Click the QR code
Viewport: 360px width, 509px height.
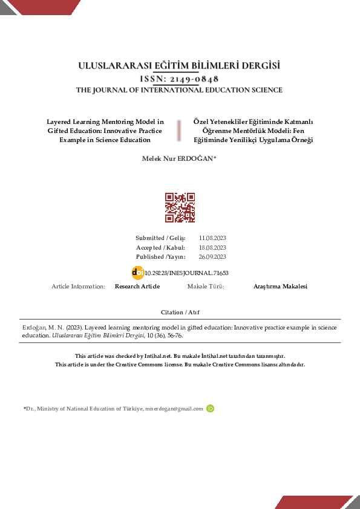pos(180,207)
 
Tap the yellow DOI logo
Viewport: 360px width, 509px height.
pos(137,273)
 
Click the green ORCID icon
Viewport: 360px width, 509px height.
pos(211,409)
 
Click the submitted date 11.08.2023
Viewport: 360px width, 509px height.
pos(212,238)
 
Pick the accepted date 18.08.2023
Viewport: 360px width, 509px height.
pos(212,248)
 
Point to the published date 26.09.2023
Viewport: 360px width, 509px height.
pos(212,257)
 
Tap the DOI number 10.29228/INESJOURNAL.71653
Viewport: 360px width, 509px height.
pos(186,273)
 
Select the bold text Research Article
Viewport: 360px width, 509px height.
pos(137,287)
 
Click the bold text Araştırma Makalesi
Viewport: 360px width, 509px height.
pos(280,287)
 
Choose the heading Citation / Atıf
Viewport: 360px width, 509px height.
pos(180,312)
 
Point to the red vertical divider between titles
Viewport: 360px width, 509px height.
pos(179,131)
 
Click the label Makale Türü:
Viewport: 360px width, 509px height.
pos(206,287)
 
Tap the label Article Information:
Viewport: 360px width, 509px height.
pos(79,287)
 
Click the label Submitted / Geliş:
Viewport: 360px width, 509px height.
pos(160,238)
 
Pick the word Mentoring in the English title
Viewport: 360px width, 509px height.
pos(122,122)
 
